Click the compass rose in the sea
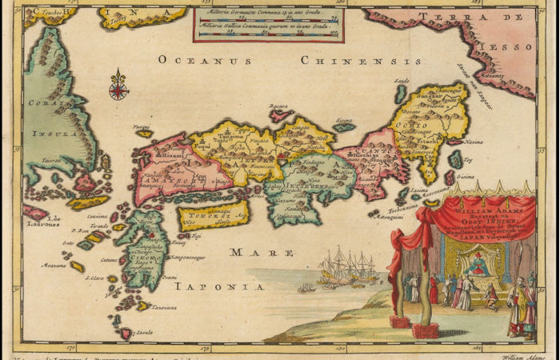coord(118,86)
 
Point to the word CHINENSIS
coord(362,60)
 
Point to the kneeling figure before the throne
coord(490,298)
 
